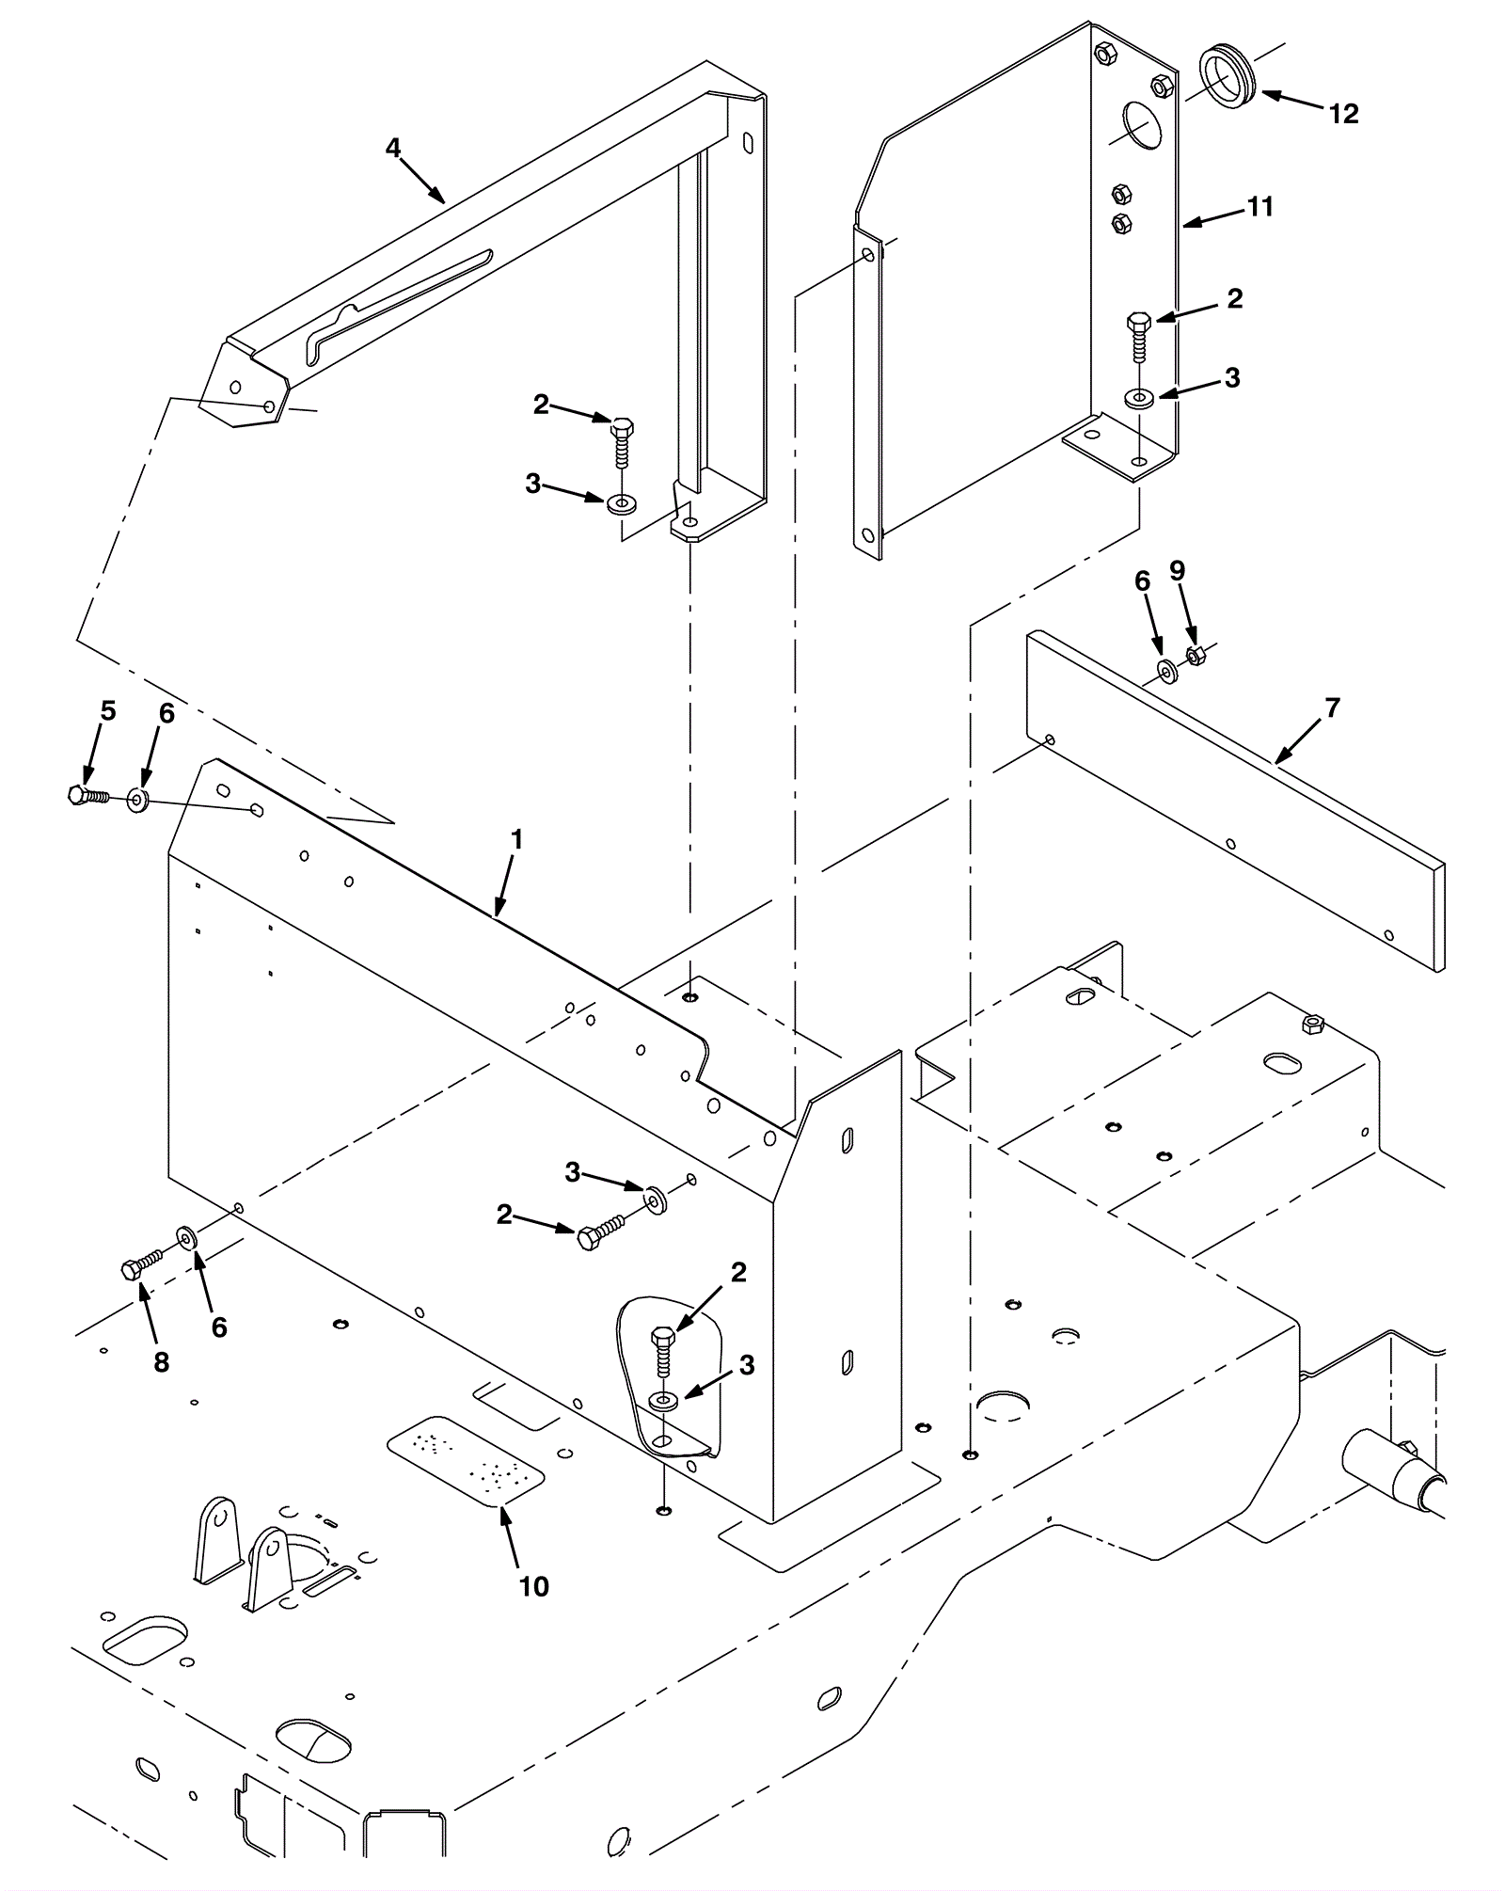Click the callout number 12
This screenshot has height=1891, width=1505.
pyautogui.click(x=1343, y=114)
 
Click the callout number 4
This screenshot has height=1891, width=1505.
pyautogui.click(x=392, y=148)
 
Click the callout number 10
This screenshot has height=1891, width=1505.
pyautogui.click(x=533, y=1586)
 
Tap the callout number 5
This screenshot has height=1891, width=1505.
pyautogui.click(x=108, y=711)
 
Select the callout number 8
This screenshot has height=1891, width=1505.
pyautogui.click(x=162, y=1361)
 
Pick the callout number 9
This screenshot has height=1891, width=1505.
pyautogui.click(x=1177, y=571)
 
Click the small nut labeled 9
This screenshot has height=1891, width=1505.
pyautogui.click(x=1196, y=656)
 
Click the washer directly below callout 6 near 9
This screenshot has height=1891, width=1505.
pyautogui.click(x=1167, y=672)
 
